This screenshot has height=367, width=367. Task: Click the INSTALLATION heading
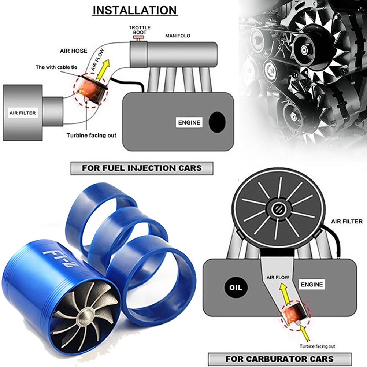tap(134, 10)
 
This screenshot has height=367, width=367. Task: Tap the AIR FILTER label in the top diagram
tap(22, 113)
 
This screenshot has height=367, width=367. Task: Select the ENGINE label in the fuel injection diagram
tap(189, 122)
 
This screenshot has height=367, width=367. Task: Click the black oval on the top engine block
tap(217, 122)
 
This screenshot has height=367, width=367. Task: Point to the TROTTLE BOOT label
tap(140, 30)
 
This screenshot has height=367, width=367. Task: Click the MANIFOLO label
tap(178, 36)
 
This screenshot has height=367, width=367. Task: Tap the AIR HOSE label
tap(74, 51)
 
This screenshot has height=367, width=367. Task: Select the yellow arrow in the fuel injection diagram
tap(104, 69)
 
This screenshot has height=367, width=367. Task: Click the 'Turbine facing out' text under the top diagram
tap(91, 135)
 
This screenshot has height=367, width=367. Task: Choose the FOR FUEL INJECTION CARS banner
tap(142, 168)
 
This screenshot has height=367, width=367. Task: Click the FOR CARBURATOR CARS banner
tap(280, 359)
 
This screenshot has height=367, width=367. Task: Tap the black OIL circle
tap(236, 288)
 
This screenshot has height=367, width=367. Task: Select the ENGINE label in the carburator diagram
tap(312, 284)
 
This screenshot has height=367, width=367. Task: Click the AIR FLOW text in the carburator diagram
tap(278, 277)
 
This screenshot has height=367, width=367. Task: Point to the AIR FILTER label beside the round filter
tap(346, 221)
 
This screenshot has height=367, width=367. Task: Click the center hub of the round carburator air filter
tap(279, 207)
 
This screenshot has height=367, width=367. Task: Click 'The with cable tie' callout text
tap(56, 67)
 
